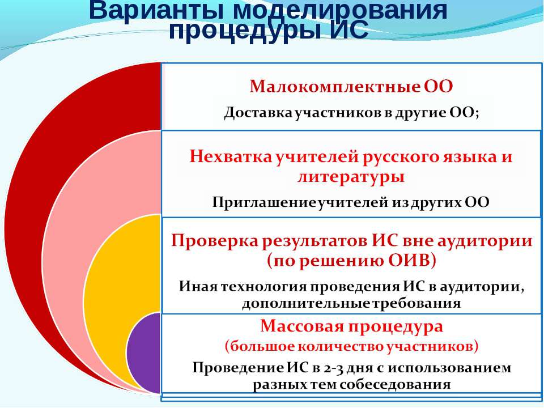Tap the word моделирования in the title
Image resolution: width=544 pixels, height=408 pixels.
341,10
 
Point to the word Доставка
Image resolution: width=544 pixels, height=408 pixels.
259,113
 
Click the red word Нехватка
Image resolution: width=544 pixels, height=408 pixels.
231,157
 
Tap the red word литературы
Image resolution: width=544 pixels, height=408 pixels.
351,177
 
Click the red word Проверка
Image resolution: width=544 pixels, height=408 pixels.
215,240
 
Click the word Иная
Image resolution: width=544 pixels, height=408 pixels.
198,287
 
